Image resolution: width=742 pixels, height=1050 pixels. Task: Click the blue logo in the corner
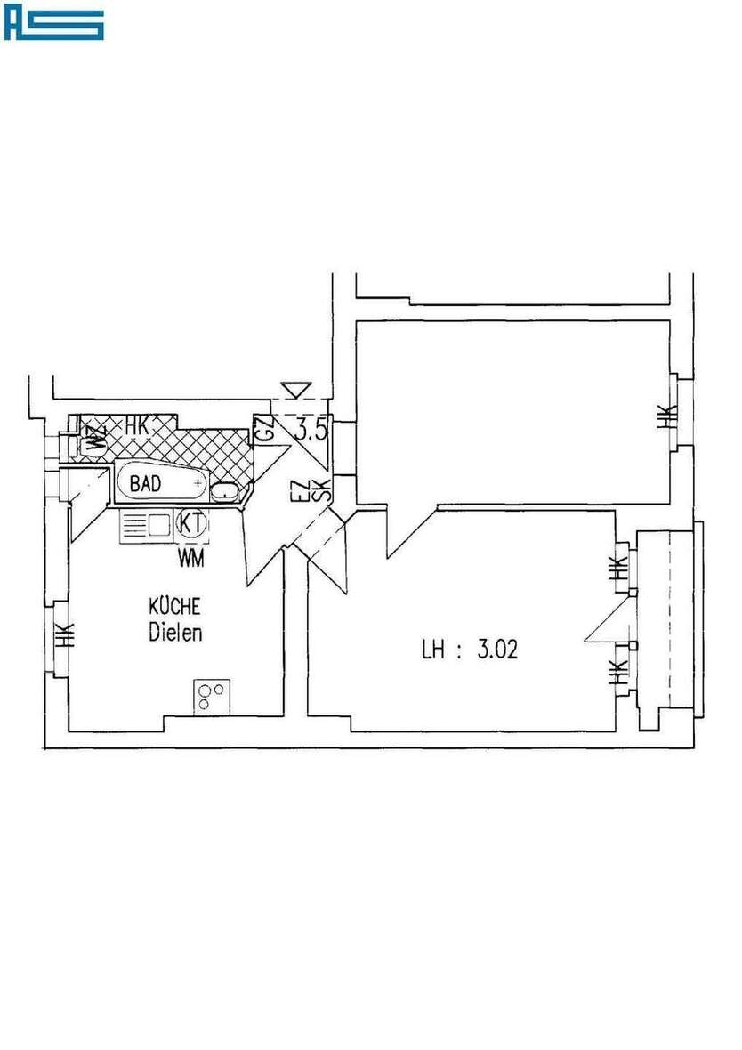tap(54, 25)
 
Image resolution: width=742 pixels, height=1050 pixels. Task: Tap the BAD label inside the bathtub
tap(146, 485)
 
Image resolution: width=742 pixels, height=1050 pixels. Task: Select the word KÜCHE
tap(175, 606)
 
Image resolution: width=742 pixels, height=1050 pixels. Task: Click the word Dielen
tap(175, 634)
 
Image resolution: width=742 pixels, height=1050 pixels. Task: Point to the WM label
tap(190, 558)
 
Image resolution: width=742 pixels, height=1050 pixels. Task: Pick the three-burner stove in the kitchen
tap(212, 696)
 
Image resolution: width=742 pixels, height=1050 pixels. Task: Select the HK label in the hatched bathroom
tap(136, 426)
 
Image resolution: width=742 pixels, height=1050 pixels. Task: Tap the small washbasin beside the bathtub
tap(226, 489)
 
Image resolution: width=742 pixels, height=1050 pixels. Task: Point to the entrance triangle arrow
tap(294, 390)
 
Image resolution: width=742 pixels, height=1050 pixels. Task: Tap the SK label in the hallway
tap(324, 489)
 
